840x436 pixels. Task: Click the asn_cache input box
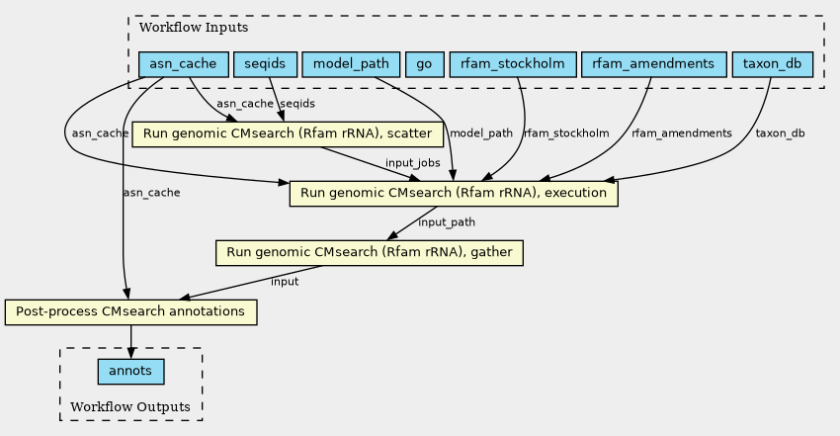(184, 64)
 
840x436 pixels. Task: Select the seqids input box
(265, 64)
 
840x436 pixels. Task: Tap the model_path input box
(351, 64)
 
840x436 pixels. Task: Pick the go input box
(424, 64)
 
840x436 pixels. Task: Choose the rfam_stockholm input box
(513, 64)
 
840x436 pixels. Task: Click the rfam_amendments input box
(653, 64)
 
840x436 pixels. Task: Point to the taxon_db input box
(773, 64)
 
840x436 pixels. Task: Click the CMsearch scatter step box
(288, 133)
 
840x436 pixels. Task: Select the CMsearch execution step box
(454, 194)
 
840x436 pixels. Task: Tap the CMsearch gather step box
(370, 253)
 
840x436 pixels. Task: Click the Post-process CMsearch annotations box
(130, 312)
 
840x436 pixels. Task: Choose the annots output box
(130, 372)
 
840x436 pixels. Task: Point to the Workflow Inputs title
(194, 28)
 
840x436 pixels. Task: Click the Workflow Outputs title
(130, 407)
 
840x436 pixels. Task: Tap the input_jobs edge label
(412, 163)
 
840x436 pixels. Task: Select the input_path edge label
(447, 222)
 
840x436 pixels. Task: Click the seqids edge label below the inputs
(297, 104)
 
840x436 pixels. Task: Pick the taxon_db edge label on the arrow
(780, 133)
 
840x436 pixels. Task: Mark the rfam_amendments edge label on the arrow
(682, 133)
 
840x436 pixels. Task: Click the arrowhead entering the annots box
(130, 353)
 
